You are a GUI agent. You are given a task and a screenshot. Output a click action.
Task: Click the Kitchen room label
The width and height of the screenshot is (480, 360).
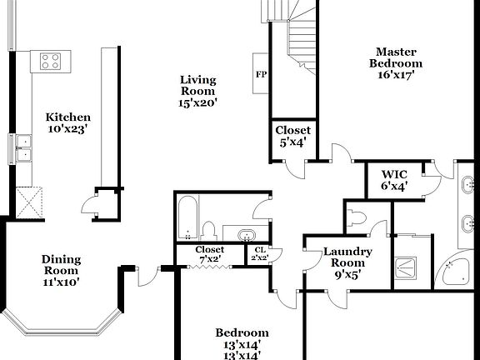pyautogui.click(x=68, y=122)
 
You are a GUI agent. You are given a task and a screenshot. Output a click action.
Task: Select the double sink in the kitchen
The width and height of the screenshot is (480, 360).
pyautogui.click(x=22, y=147)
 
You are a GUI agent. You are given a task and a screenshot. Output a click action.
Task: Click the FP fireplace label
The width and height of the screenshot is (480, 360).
pyautogui.click(x=261, y=74)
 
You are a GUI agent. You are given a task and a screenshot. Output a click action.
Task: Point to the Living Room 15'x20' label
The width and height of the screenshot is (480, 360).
pyautogui.click(x=197, y=92)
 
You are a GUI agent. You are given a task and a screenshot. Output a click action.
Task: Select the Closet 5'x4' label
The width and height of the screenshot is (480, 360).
pyautogui.click(x=293, y=136)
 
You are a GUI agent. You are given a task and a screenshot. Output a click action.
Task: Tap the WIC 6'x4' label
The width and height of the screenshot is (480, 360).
pyautogui.click(x=393, y=180)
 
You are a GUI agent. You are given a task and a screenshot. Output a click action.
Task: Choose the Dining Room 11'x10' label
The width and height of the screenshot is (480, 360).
pyautogui.click(x=61, y=270)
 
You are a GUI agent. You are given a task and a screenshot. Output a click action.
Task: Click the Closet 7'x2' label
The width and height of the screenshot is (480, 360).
pyautogui.click(x=209, y=253)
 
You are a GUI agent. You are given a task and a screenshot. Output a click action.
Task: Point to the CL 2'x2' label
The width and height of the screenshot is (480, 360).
pyautogui.click(x=259, y=253)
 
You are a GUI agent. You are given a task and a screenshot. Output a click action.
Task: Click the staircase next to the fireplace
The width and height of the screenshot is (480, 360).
pyautogui.click(x=300, y=42)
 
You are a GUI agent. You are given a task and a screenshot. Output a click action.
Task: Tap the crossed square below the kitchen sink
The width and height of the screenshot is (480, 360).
pyautogui.click(x=29, y=201)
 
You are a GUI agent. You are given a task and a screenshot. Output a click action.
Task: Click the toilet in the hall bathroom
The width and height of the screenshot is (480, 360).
pyautogui.click(x=210, y=230)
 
